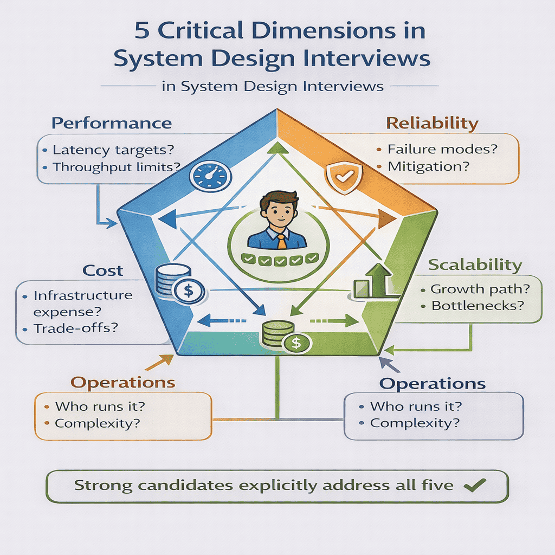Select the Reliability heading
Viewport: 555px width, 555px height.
click(432, 123)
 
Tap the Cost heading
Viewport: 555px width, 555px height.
click(102, 270)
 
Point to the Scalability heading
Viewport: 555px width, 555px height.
click(475, 265)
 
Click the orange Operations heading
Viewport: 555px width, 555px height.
click(123, 382)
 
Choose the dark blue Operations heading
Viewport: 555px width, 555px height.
click(432, 384)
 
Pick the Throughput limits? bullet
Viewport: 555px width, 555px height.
click(117, 167)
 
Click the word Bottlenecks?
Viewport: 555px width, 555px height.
click(477, 305)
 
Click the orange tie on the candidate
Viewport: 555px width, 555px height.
click(281, 240)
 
